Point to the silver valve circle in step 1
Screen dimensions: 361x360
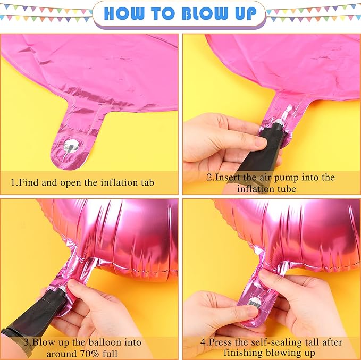pos(71,146)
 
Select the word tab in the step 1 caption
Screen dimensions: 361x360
pos(147,182)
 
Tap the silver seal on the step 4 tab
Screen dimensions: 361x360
pos(255,302)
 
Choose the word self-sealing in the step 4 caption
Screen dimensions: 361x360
pos(258,342)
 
